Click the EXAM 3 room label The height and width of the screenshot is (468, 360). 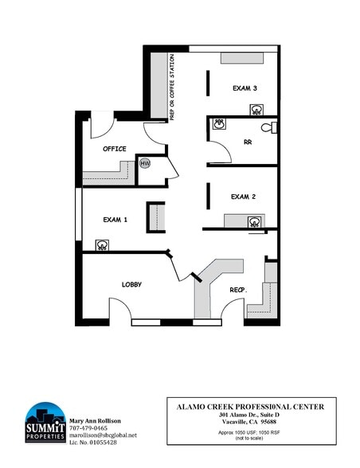(x=244, y=88)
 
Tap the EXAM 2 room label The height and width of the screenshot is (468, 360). (x=243, y=196)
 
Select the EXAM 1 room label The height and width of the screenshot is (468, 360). (x=115, y=219)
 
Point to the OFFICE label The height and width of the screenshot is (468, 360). (x=115, y=149)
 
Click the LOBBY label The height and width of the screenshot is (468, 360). (x=131, y=284)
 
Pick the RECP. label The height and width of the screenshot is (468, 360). (x=238, y=290)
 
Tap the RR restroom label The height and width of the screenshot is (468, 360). (x=248, y=143)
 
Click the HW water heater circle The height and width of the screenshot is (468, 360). (x=145, y=163)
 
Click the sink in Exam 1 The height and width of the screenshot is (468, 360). (x=102, y=245)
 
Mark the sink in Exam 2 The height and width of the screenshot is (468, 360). (x=253, y=221)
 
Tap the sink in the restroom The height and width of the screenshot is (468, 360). (x=219, y=124)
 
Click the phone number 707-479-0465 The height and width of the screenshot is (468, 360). (x=89, y=427)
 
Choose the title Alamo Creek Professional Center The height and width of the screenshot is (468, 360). (x=251, y=407)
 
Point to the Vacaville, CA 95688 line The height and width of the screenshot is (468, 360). (x=251, y=422)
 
